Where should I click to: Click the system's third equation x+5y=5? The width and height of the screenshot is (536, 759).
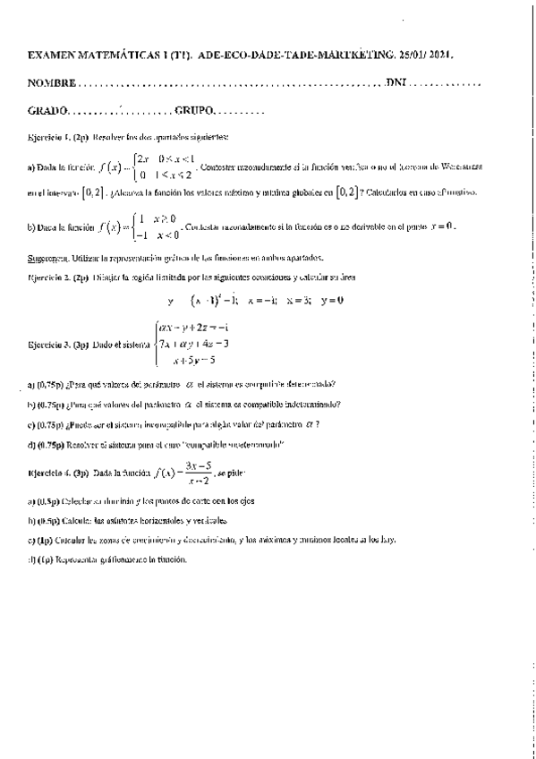click(188, 360)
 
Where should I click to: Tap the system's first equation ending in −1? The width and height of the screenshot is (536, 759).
click(193, 328)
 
